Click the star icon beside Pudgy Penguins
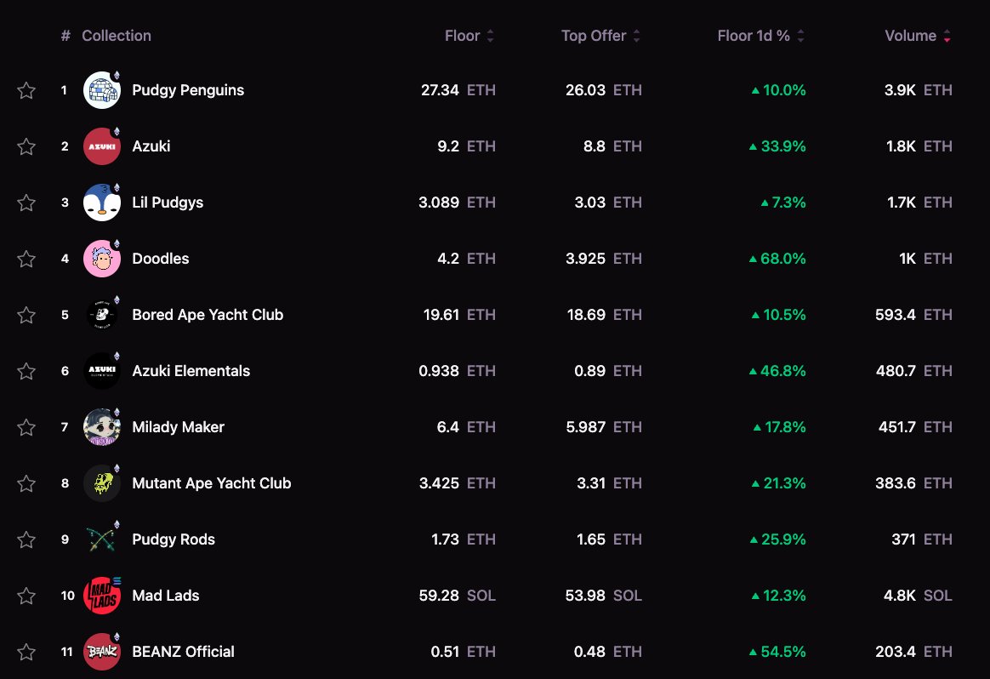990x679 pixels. point(26,90)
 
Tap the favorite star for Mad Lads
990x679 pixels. point(26,596)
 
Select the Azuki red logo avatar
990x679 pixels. point(101,146)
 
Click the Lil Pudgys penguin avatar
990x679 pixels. point(101,203)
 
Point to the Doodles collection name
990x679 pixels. point(161,259)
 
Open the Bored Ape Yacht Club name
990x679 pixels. point(208,315)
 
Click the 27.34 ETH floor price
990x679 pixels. point(458,90)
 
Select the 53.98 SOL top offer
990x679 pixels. point(603,596)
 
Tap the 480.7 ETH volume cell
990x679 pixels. point(913,371)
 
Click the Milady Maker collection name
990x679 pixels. point(178,427)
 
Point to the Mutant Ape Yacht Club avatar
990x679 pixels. point(101,483)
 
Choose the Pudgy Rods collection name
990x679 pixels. point(174,539)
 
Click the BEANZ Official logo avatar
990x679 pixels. point(101,652)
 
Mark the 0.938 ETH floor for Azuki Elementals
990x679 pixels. point(457,371)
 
